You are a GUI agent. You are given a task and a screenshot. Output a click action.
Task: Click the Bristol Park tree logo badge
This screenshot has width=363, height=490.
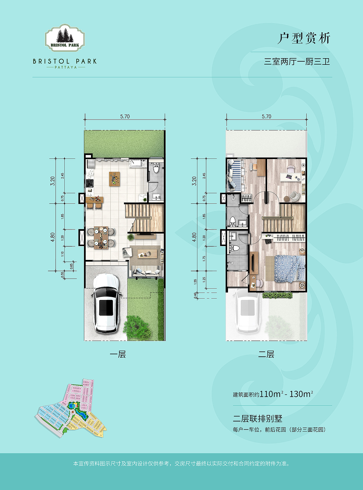click(x=65, y=38)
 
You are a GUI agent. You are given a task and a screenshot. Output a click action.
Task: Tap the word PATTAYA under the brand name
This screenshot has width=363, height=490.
click(x=66, y=67)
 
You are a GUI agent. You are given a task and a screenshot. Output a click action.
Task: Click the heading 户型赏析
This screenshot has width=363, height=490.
click(x=304, y=38)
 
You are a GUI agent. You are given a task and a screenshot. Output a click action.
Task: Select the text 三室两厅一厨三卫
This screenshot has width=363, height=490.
click(x=297, y=62)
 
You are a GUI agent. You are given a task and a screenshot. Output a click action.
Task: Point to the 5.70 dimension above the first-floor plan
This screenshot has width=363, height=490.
click(x=125, y=116)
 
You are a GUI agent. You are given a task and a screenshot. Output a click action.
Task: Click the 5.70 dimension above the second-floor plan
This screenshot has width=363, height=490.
click(x=267, y=116)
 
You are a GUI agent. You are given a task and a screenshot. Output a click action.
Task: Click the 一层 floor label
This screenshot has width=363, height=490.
click(x=118, y=354)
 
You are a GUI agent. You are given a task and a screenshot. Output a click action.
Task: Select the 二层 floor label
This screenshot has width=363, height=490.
click(x=266, y=354)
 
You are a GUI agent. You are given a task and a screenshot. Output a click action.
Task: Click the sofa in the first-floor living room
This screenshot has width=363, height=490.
click(x=146, y=271)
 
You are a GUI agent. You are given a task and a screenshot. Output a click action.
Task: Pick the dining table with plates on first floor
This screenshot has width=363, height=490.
click(x=101, y=237)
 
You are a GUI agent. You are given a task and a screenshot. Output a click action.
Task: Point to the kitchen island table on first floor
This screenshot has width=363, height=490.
click(x=115, y=179)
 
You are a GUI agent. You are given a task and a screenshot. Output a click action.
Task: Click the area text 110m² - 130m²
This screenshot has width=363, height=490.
click(x=286, y=394)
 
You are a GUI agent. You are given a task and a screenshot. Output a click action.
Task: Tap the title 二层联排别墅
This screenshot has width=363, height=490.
click(x=258, y=418)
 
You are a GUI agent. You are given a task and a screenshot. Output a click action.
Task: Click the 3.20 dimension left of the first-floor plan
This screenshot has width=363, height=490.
click(x=52, y=181)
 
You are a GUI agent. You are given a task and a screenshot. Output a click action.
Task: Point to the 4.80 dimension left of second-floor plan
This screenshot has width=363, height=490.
click(x=194, y=237)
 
